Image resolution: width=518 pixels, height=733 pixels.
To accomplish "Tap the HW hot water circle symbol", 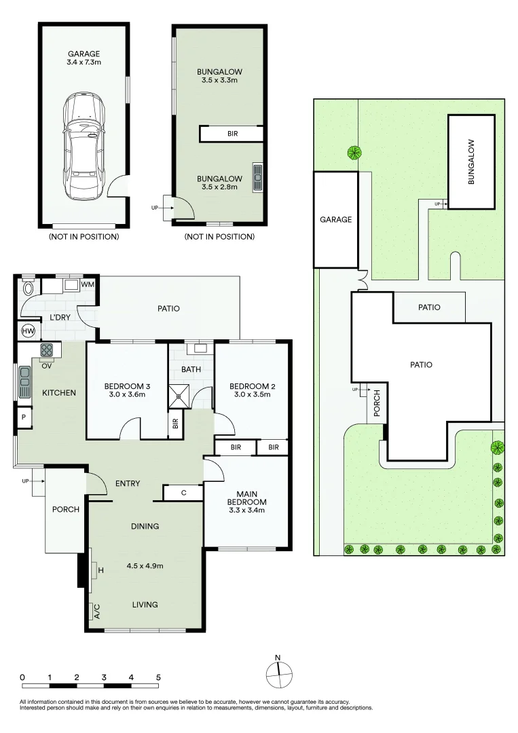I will [28, 331].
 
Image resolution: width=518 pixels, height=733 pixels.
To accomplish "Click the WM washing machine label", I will [88, 284].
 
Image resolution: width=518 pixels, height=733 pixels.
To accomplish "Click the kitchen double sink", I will [25, 382].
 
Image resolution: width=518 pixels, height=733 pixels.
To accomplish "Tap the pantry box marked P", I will [22, 417].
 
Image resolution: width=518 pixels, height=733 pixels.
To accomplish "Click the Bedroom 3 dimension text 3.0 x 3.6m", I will [127, 395].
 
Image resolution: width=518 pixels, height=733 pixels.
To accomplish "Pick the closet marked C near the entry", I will [183, 493].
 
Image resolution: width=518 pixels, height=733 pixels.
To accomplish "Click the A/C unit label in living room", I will [96, 612].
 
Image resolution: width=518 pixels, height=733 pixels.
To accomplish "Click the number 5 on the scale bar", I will [158, 677].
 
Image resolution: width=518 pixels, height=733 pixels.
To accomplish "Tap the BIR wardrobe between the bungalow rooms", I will [232, 134].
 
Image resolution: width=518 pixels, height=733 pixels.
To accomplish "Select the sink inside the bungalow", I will [258, 177].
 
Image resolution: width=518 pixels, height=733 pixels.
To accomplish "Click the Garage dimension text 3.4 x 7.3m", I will [84, 63].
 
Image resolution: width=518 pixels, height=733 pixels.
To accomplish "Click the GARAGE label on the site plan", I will [335, 219].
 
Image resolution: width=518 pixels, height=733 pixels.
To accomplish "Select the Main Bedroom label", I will [247, 498].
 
